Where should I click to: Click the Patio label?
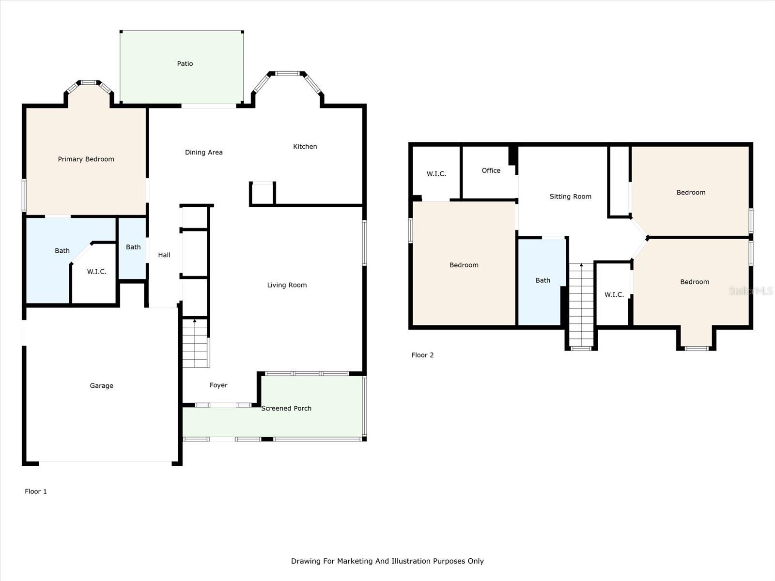pyautogui.click(x=185, y=63)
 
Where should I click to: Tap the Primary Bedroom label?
pyautogui.click(x=86, y=159)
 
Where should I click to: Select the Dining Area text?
pyautogui.click(x=204, y=153)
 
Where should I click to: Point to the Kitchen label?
pyautogui.click(x=305, y=146)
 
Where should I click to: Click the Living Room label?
pyautogui.click(x=287, y=285)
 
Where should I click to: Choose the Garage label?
pyautogui.click(x=101, y=385)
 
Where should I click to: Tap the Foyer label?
pyautogui.click(x=218, y=385)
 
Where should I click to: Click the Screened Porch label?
pyautogui.click(x=286, y=408)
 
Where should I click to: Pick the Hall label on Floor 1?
pyautogui.click(x=164, y=255)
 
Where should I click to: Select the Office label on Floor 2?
pyautogui.click(x=491, y=170)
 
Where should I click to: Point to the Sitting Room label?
pyautogui.click(x=570, y=197)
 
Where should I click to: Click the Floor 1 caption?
pyautogui.click(x=36, y=491)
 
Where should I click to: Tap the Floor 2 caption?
pyautogui.click(x=422, y=355)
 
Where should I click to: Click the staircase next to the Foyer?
pyautogui.click(x=195, y=343)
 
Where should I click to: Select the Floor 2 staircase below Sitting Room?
pyautogui.click(x=581, y=305)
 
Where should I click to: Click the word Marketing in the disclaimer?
pyautogui.click(x=355, y=561)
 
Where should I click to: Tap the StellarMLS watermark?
pyautogui.click(x=751, y=290)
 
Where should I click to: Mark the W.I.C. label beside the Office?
pyautogui.click(x=436, y=173)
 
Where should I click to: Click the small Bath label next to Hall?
pyautogui.click(x=133, y=247)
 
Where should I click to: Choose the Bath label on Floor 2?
pyautogui.click(x=542, y=280)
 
